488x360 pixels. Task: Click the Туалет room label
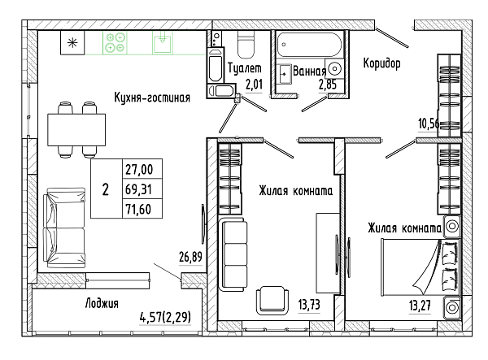click(245, 68)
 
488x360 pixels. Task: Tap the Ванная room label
click(309, 72)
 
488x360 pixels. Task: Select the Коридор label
click(382, 63)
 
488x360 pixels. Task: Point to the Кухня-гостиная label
click(152, 98)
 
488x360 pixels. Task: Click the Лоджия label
click(102, 303)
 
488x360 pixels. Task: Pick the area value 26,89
click(190, 257)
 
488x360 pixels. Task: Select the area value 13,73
click(309, 305)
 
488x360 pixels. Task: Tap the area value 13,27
click(420, 306)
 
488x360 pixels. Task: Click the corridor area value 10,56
click(429, 124)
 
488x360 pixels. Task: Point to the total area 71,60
click(138, 209)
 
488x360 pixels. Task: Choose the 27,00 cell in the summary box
click(139, 170)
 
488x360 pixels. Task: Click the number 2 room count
click(106, 189)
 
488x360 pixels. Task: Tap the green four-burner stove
click(115, 42)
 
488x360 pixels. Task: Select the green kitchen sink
click(162, 42)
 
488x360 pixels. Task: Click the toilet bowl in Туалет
click(246, 45)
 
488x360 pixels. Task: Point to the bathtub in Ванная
click(309, 45)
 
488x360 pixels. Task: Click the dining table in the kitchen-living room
click(76, 130)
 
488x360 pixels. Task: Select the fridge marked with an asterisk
click(72, 42)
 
